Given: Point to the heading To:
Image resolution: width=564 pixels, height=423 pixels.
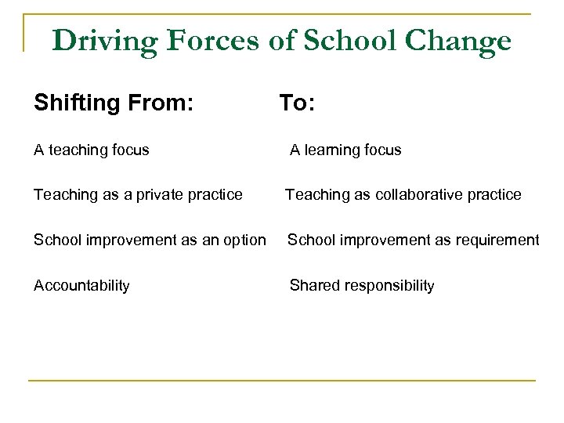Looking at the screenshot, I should (x=297, y=103).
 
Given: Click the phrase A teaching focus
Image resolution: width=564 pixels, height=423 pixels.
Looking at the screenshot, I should (x=92, y=150).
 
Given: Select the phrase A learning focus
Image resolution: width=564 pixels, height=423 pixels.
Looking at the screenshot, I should (x=345, y=150).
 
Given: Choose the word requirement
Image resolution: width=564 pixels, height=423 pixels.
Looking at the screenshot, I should (x=495, y=240).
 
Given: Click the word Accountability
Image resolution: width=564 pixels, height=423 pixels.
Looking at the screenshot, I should (x=81, y=285).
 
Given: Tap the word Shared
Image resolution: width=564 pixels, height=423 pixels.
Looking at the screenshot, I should (x=312, y=285).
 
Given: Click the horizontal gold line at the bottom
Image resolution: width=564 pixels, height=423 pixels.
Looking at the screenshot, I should (x=282, y=381).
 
